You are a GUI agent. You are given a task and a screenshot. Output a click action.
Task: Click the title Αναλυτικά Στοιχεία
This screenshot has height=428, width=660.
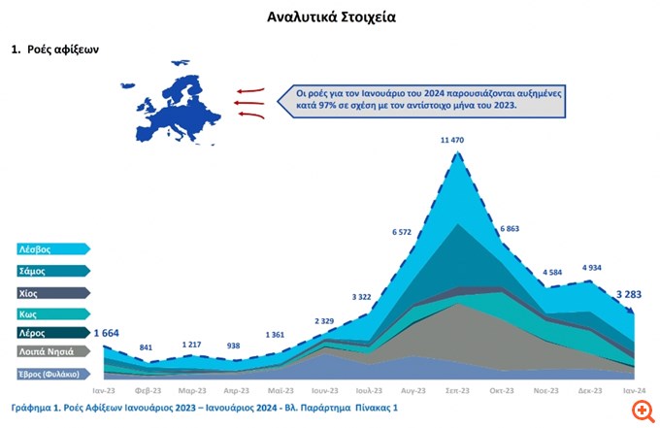tap(330, 16)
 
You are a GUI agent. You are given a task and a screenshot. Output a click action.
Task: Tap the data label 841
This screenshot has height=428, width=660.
tap(147, 347)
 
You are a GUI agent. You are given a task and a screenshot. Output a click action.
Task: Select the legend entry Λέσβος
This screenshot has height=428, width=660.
tap(49, 249)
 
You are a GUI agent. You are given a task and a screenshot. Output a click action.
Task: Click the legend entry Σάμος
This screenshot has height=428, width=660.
tap(49, 272)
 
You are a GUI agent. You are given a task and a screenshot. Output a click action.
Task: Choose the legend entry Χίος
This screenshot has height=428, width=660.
tap(49, 292)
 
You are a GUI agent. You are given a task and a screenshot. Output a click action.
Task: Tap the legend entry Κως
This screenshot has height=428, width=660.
tap(49, 313)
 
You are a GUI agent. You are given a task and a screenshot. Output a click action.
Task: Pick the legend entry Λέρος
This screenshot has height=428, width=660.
tap(49, 332)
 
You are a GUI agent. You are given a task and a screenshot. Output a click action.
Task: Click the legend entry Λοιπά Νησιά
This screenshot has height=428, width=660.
tap(49, 352)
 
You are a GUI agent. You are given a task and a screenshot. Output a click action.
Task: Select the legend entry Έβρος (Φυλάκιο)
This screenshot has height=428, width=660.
tap(49, 373)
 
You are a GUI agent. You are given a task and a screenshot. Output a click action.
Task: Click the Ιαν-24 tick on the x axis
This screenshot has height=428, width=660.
tap(636, 390)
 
